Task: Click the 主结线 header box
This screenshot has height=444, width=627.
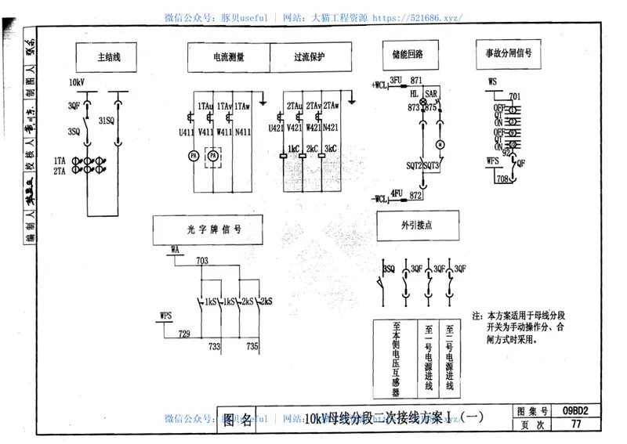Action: point(109,57)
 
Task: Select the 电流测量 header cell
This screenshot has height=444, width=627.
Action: point(228,57)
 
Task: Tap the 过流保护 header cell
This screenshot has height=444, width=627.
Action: point(310,57)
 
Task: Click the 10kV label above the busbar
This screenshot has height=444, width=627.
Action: point(78,82)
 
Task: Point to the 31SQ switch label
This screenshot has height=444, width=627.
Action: point(107,120)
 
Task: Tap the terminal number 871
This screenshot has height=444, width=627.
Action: point(415,81)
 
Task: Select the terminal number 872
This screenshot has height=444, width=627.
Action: point(416,194)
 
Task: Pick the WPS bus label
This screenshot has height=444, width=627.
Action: point(165,315)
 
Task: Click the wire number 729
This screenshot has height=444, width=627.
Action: point(184,334)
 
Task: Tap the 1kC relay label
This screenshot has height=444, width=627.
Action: point(294,148)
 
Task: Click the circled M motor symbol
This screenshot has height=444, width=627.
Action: point(440,145)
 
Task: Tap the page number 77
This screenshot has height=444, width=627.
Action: point(576,425)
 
